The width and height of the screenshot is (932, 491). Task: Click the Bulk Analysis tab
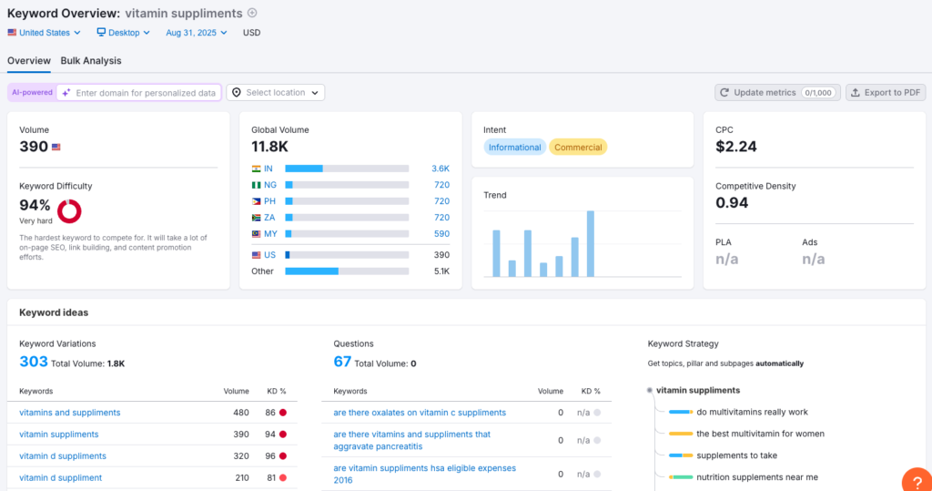click(91, 61)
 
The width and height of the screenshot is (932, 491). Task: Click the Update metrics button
click(777, 92)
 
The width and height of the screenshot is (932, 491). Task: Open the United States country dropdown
click(44, 33)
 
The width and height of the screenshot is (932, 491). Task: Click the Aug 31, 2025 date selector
click(196, 33)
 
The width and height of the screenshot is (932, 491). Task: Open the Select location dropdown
click(275, 92)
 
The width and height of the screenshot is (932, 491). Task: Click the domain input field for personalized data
click(145, 92)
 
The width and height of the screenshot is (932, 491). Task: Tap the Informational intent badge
click(514, 148)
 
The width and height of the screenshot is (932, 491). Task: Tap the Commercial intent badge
click(578, 148)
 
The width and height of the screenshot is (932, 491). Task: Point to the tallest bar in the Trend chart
click(591, 243)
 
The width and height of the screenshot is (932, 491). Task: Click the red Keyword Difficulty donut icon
click(69, 211)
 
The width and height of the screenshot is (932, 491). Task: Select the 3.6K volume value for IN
click(440, 169)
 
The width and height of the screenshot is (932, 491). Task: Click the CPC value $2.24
click(736, 147)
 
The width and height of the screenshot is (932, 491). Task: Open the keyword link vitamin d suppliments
click(63, 455)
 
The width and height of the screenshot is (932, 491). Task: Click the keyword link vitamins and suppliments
click(70, 413)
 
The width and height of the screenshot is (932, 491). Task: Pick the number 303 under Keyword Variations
click(33, 363)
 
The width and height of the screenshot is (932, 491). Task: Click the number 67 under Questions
click(342, 363)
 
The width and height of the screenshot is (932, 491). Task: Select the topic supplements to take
click(736, 455)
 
